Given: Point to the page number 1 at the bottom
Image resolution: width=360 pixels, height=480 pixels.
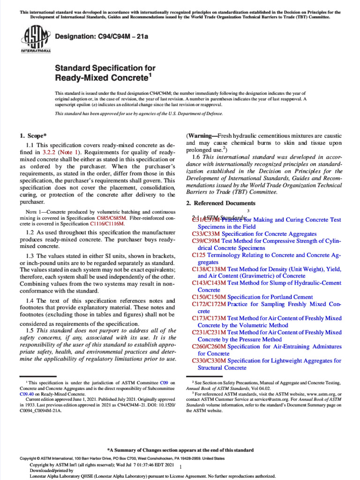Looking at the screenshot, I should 180,467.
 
